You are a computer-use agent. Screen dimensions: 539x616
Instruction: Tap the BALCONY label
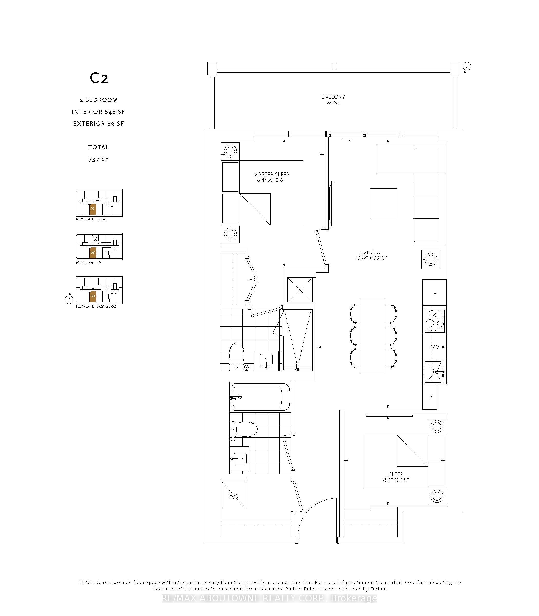tap(333, 97)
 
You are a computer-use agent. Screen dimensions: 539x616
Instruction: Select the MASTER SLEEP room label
tap(271, 174)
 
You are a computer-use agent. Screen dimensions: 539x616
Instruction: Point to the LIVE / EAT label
tap(371, 253)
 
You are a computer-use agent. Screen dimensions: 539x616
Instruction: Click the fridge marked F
tap(435, 292)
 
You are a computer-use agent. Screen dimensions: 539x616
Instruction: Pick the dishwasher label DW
tap(435, 347)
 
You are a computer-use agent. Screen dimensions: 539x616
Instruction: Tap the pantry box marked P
tap(430, 397)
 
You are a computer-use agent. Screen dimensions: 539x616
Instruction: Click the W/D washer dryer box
tap(234, 495)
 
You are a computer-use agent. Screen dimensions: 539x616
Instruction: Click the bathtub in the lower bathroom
tap(260, 397)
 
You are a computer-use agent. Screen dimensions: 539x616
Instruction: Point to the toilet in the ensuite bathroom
tap(237, 357)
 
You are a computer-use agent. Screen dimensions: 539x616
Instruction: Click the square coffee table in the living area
tap(383, 203)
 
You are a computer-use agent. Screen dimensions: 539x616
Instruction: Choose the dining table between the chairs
tap(373, 336)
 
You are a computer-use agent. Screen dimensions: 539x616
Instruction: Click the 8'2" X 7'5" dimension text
tap(396, 480)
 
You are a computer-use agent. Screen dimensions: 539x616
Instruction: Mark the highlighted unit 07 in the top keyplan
tap(93, 209)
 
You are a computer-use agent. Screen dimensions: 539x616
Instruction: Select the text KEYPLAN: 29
tap(89, 263)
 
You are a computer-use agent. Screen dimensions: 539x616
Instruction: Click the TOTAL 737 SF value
tap(98, 159)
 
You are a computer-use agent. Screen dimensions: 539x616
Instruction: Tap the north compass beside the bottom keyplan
tap(69, 299)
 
